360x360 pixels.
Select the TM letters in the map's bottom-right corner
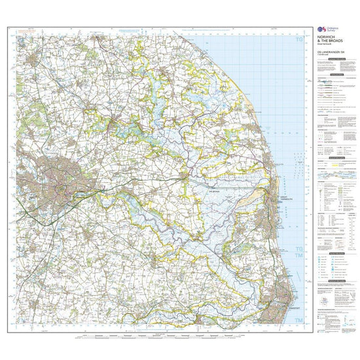pos(298,319)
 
